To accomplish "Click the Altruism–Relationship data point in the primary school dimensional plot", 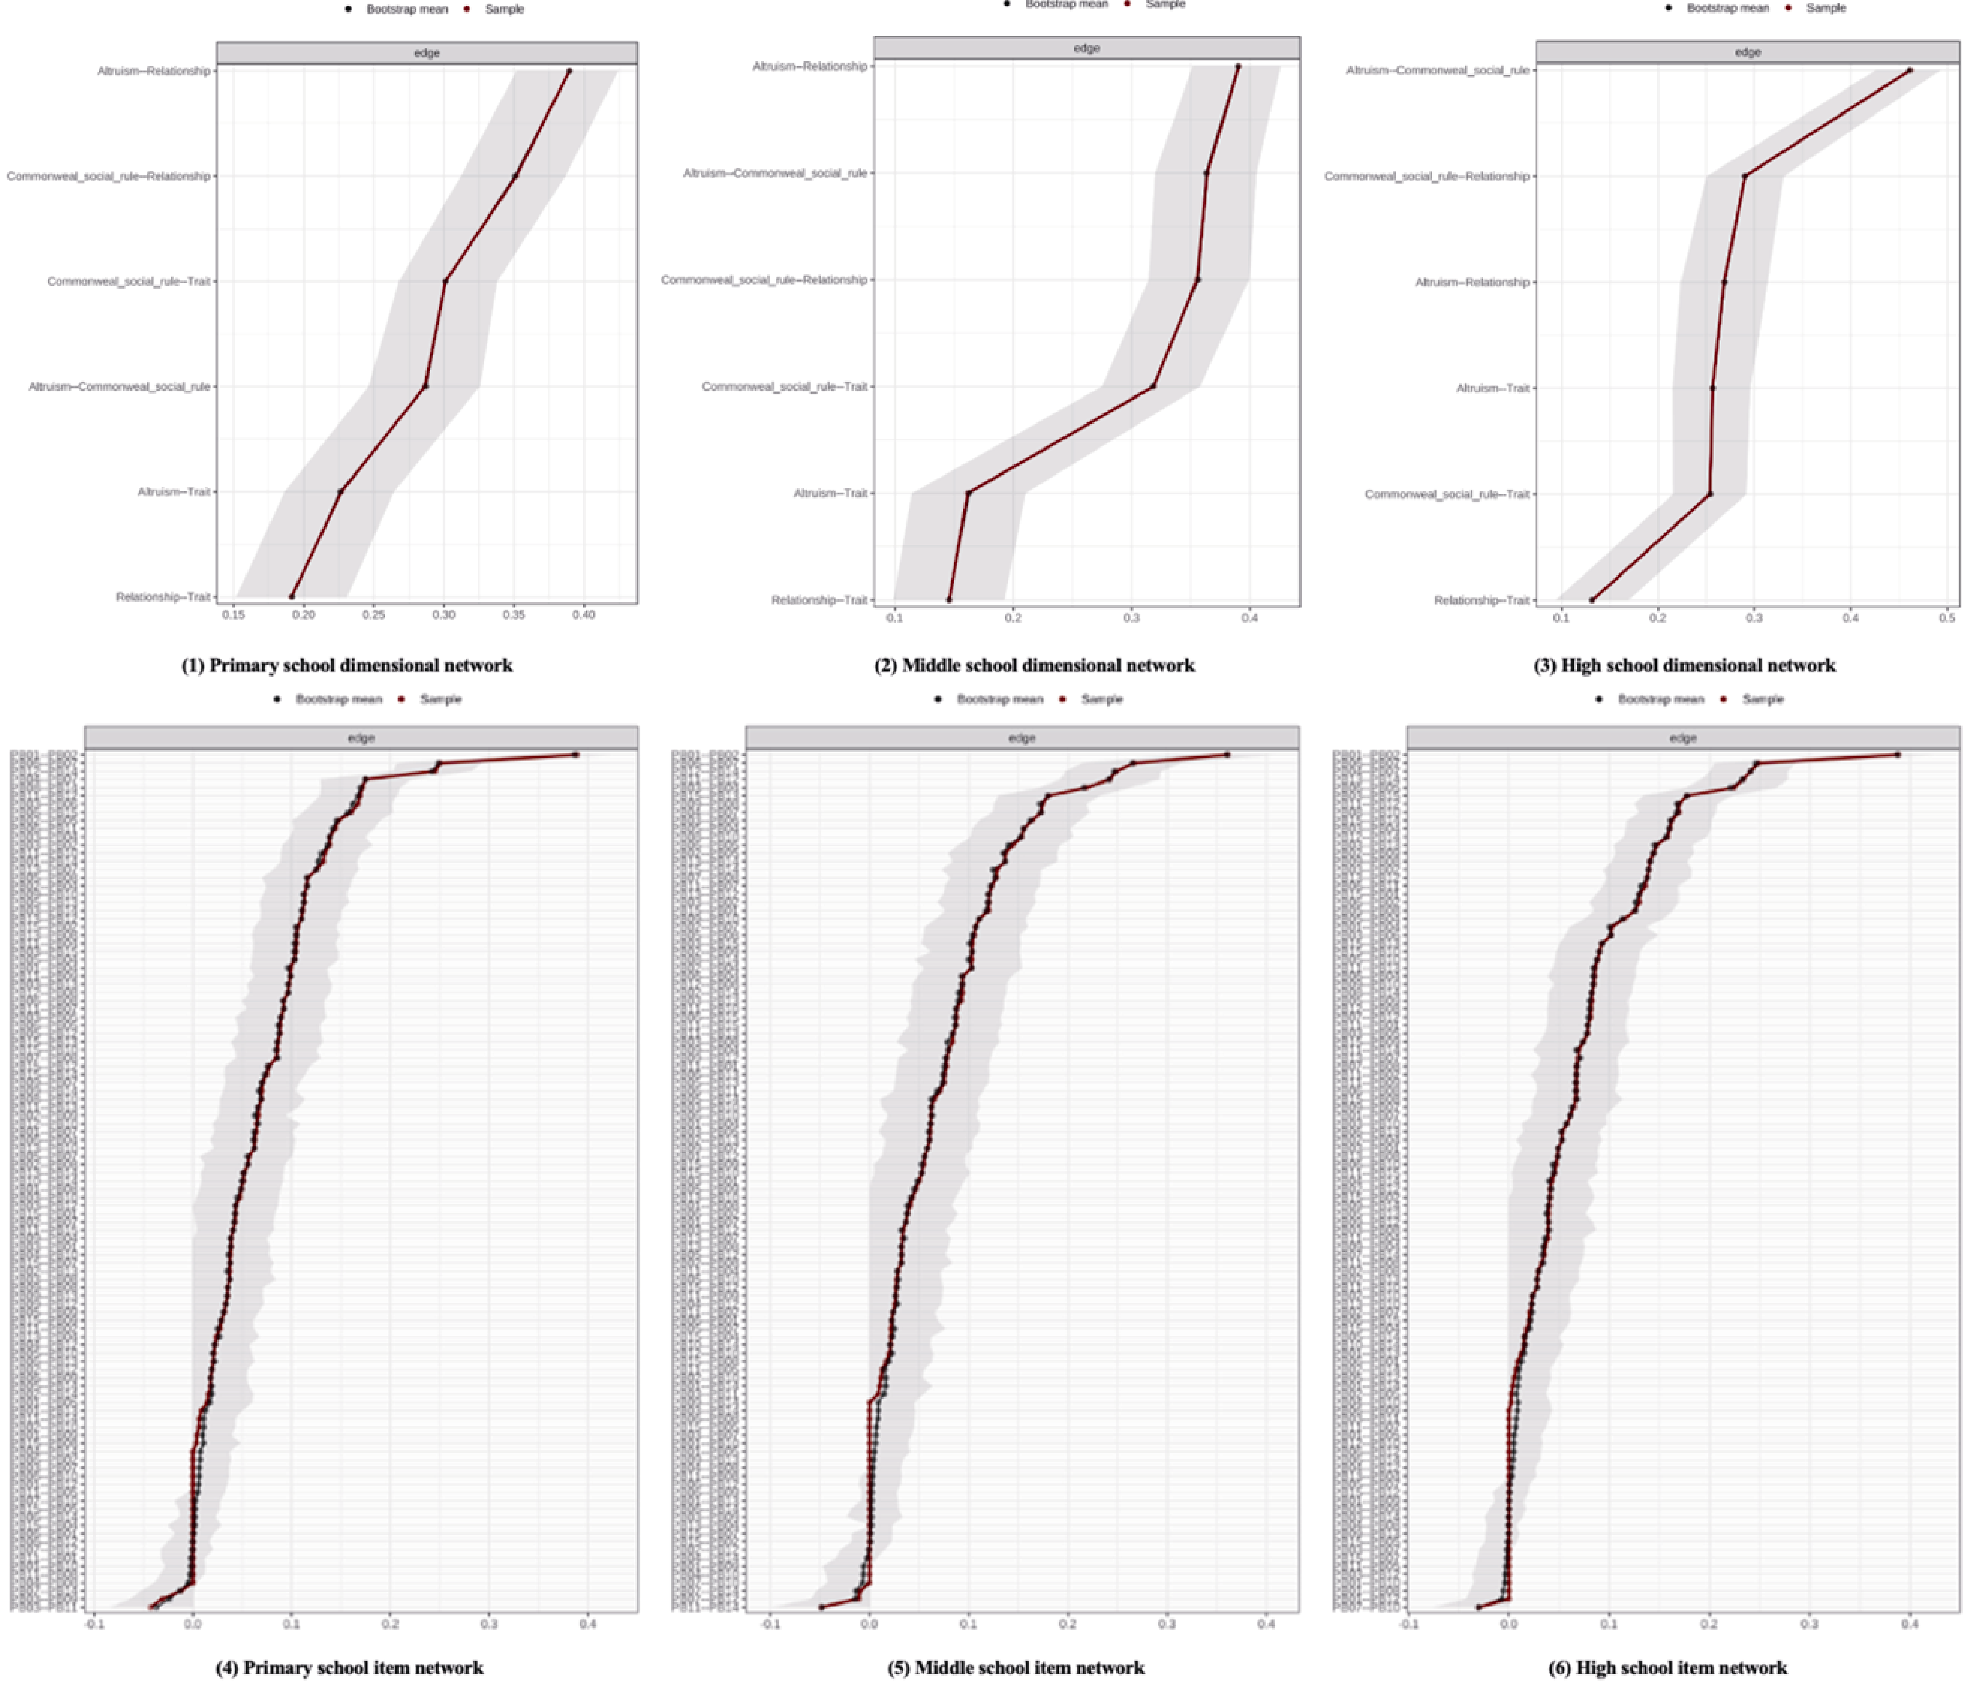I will [x=569, y=71].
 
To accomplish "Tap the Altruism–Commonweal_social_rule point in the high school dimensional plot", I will [x=1909, y=70].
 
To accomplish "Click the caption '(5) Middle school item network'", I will [x=1016, y=1668].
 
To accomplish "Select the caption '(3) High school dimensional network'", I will [x=1684, y=665].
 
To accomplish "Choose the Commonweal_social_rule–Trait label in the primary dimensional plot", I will [x=129, y=281].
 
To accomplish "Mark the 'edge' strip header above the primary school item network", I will [x=361, y=737].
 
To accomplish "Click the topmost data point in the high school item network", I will [x=1897, y=755].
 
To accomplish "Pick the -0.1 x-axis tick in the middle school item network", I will [x=771, y=1624].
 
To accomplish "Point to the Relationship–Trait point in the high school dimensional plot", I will [x=1592, y=600].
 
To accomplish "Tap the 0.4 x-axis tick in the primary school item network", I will [x=588, y=1624].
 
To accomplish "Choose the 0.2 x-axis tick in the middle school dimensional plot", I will [x=1013, y=618].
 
